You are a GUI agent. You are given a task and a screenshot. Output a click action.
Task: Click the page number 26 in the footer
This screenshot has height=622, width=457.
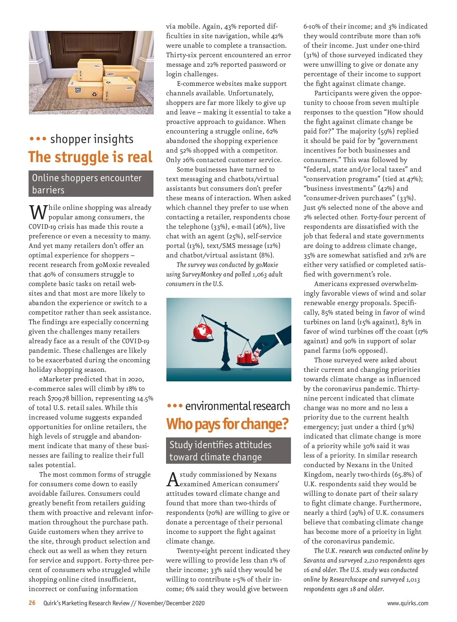(x=32, y=603)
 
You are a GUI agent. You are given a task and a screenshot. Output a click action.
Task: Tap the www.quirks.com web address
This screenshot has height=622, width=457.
(x=407, y=603)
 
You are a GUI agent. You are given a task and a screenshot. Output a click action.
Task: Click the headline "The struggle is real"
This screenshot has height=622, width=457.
(x=90, y=157)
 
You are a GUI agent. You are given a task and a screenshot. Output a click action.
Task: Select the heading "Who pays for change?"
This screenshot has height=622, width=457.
(x=227, y=424)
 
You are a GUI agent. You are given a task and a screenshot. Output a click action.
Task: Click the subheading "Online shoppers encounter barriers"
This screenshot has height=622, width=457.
(x=91, y=184)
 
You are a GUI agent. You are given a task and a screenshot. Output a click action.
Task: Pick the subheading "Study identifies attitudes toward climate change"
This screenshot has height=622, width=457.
(x=228, y=451)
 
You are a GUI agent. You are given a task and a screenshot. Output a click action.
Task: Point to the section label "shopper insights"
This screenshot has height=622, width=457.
(x=91, y=139)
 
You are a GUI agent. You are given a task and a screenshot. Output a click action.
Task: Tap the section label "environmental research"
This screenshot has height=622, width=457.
(x=237, y=406)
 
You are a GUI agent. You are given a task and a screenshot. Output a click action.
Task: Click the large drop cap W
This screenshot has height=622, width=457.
(x=38, y=212)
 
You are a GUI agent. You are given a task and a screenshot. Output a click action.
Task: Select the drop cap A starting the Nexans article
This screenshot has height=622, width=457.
(x=173, y=479)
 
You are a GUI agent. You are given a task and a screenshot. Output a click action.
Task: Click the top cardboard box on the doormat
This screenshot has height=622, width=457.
(x=90, y=69)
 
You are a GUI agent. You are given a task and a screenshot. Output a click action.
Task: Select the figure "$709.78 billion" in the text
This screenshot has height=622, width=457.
(x=70, y=398)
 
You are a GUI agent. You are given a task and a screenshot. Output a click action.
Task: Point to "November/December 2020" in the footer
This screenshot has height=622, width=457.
(x=171, y=603)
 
